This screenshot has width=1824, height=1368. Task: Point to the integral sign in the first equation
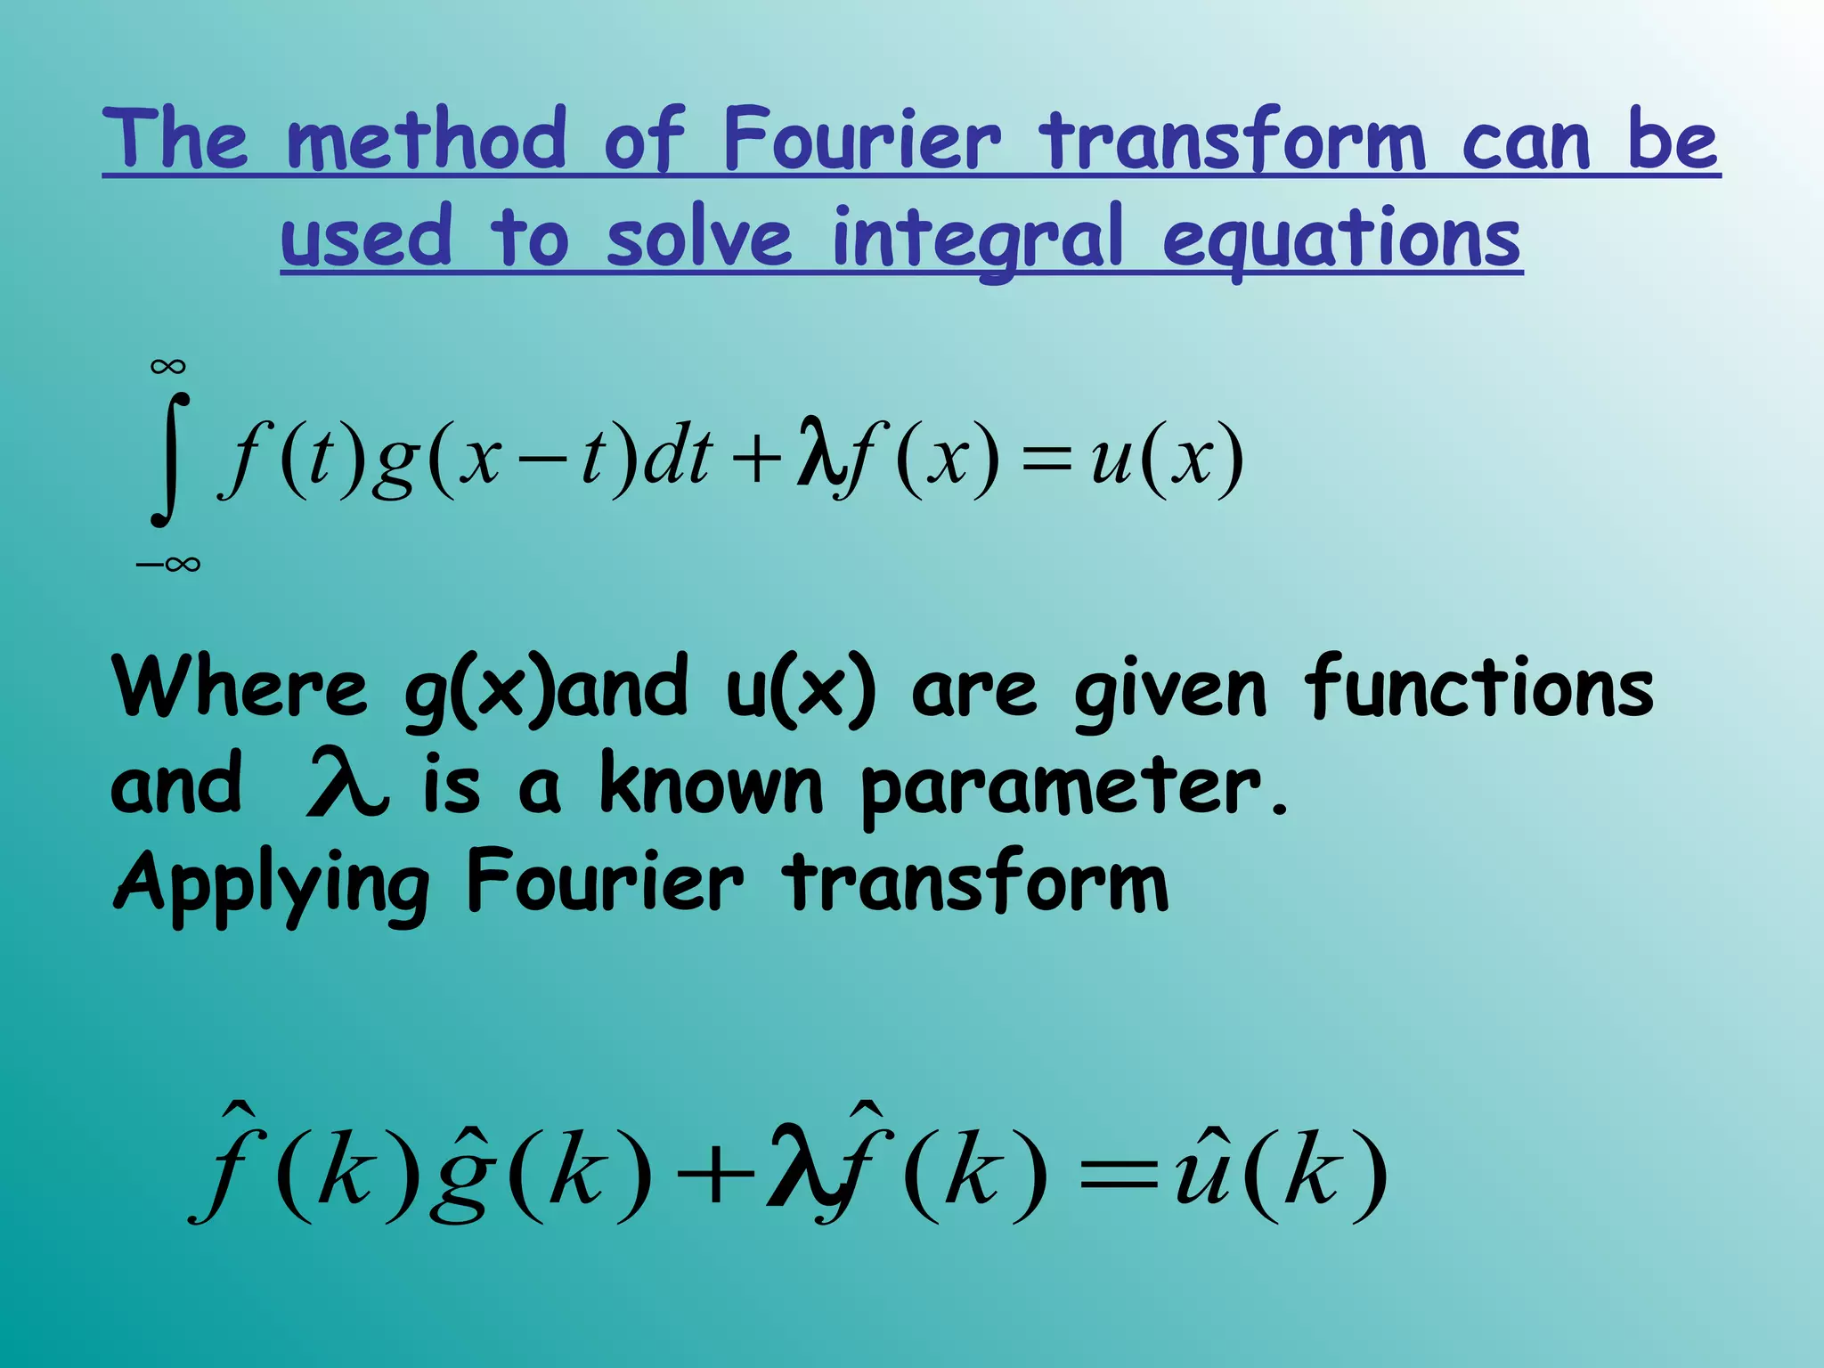tap(169, 460)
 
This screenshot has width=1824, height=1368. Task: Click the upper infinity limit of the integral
tap(168, 366)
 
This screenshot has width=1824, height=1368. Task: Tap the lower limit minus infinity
tap(168, 564)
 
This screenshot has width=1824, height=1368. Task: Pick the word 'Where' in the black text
tap(239, 688)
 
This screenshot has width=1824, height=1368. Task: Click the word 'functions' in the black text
tap(1478, 688)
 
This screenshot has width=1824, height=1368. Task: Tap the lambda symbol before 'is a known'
tap(346, 784)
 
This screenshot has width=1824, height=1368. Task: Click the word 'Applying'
tap(272, 885)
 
